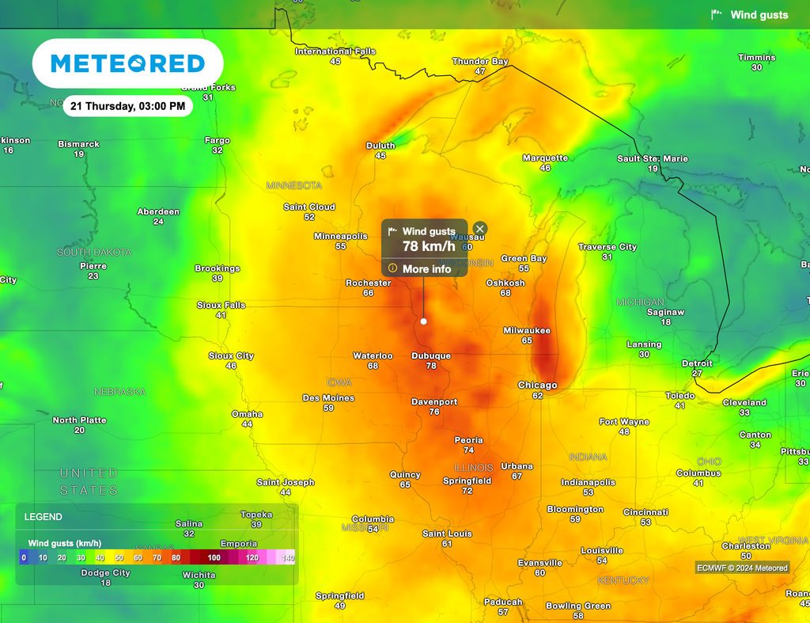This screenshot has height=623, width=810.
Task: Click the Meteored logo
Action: tap(127, 63)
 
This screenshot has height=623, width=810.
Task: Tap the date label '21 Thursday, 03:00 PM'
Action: tap(127, 106)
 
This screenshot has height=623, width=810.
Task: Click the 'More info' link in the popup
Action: tap(426, 269)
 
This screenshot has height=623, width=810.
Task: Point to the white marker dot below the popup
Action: tap(423, 321)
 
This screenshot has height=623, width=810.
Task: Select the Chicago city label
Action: tap(537, 386)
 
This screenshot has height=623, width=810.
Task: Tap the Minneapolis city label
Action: tap(341, 236)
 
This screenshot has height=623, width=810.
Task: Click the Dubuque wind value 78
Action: tap(431, 366)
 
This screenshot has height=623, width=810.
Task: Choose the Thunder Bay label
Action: tap(480, 61)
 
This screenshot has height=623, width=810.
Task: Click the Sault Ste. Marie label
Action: tap(653, 158)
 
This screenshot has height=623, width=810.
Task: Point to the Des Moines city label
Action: tap(328, 398)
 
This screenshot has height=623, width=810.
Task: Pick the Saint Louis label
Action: tap(447, 534)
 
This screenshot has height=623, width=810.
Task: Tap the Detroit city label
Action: tap(697, 363)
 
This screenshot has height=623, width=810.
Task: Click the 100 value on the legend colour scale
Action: tap(214, 558)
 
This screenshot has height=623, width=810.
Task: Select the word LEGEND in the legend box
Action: tap(44, 517)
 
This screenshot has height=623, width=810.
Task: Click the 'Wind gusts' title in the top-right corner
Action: tap(759, 15)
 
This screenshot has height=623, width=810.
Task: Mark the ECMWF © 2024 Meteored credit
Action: tap(742, 568)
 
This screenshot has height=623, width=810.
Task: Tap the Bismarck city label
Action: tap(79, 144)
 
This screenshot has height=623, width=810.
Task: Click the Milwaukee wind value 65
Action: tap(527, 340)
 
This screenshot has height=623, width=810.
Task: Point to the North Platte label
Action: tap(79, 420)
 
